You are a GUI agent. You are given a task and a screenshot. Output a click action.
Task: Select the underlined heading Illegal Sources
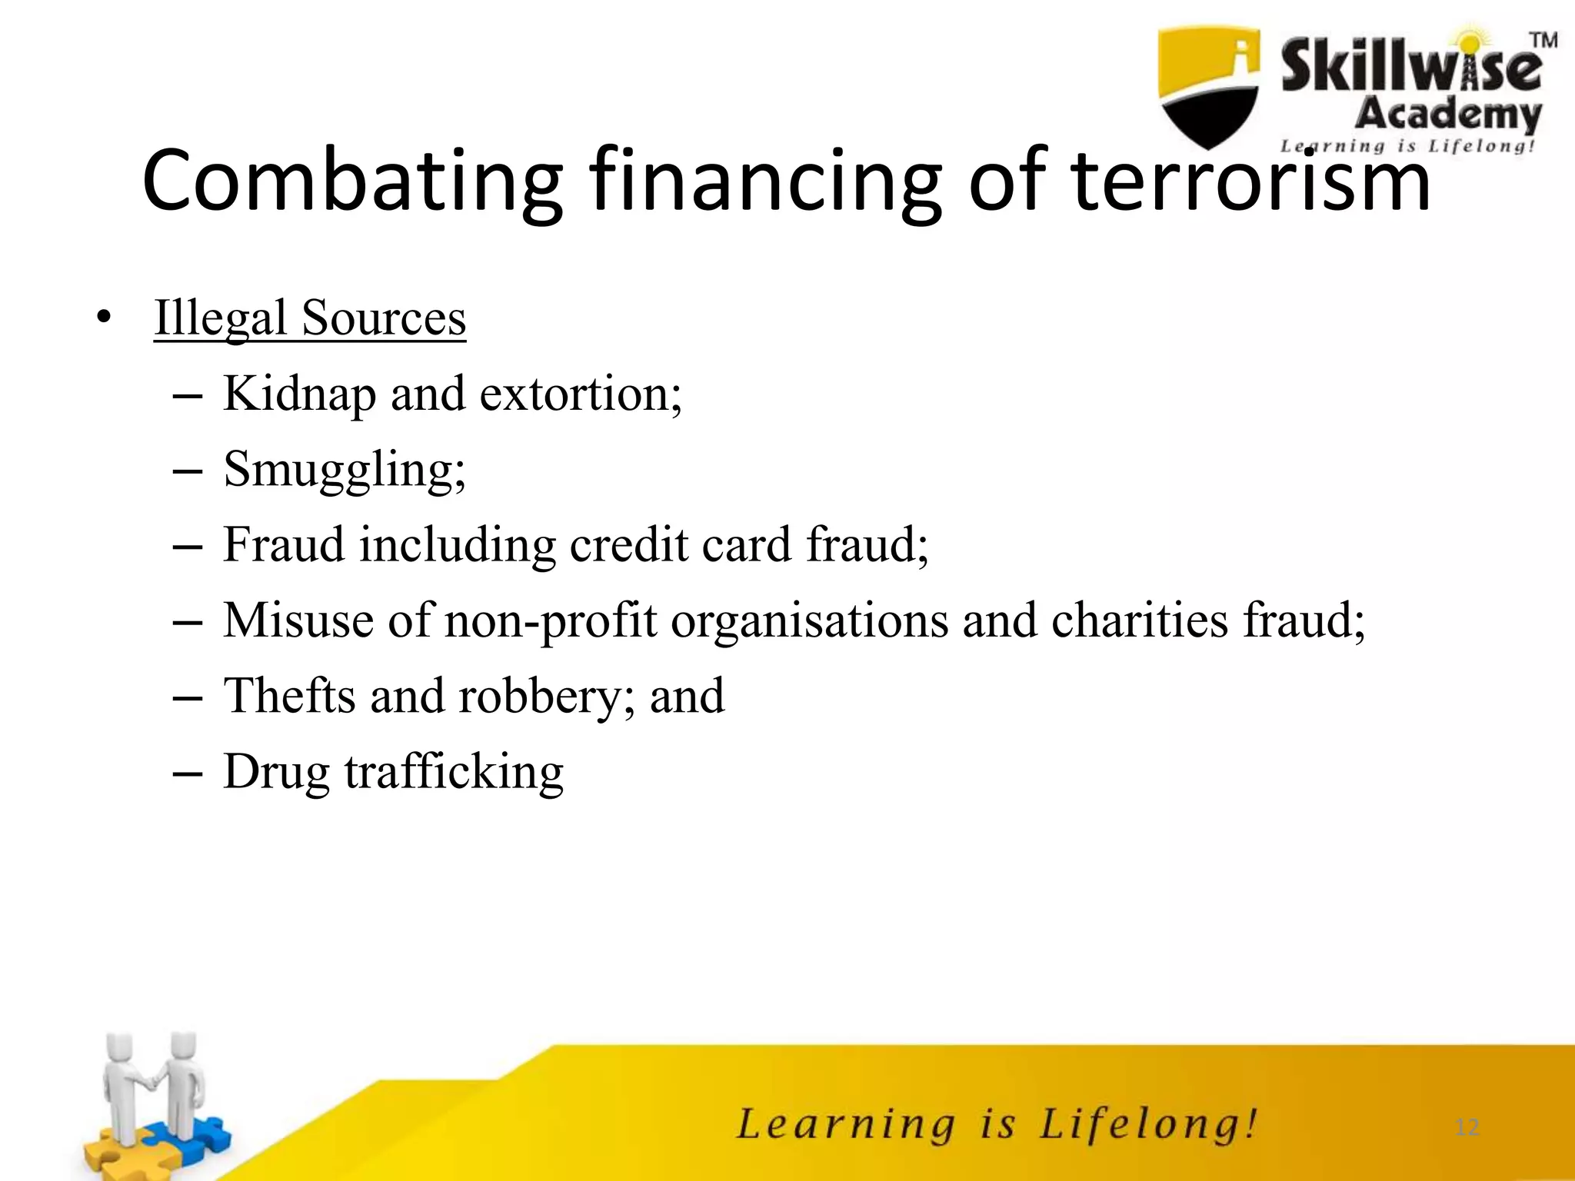click(x=310, y=318)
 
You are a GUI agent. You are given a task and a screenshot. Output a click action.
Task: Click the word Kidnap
click(x=300, y=394)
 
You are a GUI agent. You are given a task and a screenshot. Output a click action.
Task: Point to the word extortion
click(x=579, y=394)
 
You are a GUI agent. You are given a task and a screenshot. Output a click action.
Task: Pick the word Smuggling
click(x=344, y=470)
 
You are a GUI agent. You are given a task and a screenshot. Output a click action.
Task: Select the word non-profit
click(x=551, y=620)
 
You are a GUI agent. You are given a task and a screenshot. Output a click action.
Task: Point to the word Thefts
click(x=290, y=696)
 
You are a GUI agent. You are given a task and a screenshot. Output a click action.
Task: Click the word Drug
click(x=276, y=772)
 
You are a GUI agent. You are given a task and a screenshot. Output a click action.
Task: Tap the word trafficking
click(x=454, y=772)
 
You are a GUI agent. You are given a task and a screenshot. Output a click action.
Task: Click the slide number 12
click(x=1467, y=1127)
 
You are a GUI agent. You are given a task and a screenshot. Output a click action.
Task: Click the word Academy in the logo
click(x=1448, y=115)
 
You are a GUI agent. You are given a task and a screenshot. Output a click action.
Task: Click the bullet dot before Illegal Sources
click(x=104, y=318)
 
